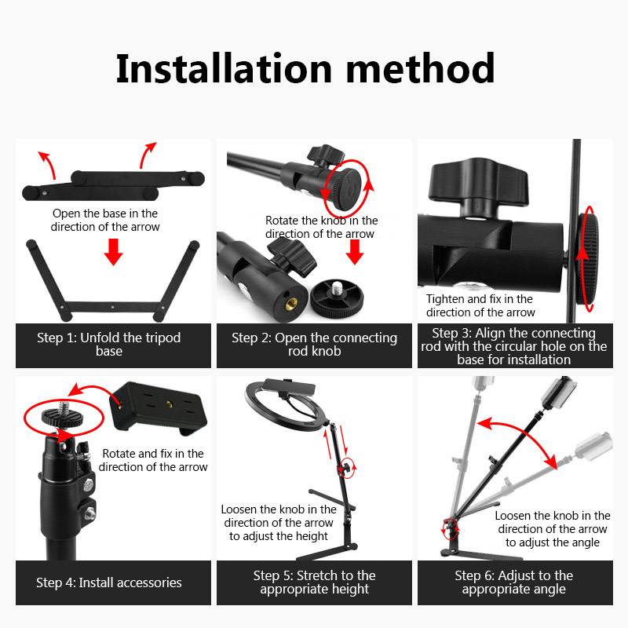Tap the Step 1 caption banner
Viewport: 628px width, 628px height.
pos(113,345)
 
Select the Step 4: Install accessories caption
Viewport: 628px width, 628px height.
pos(109,582)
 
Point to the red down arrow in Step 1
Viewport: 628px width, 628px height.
pos(113,252)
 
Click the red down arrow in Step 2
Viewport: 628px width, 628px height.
pos(355,252)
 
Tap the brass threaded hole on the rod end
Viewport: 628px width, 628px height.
pos(288,306)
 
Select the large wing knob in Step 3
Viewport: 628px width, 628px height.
pos(478,184)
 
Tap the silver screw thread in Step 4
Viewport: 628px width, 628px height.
pos(64,409)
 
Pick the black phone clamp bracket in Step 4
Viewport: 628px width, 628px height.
pos(159,407)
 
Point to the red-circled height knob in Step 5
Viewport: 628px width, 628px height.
pos(348,467)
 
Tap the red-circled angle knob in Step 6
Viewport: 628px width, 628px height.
pos(450,529)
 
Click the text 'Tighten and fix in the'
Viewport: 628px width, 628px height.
pos(479,299)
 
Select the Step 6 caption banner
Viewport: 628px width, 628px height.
pos(515,582)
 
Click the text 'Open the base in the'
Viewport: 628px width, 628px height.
pos(105,214)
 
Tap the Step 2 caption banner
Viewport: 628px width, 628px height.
pos(315,345)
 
